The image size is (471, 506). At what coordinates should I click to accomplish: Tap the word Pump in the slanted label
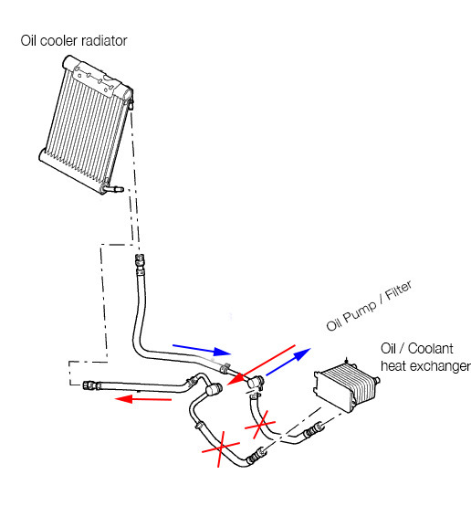tap(359, 312)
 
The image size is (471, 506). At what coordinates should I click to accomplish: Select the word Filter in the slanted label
tap(399, 290)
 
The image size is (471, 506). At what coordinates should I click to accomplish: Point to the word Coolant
tap(430, 349)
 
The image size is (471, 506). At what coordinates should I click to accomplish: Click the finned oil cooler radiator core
tap(86, 121)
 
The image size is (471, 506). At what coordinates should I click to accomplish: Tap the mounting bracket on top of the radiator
tap(92, 79)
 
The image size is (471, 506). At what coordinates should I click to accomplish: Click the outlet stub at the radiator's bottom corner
tap(113, 189)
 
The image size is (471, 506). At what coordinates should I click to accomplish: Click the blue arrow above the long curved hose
tap(202, 350)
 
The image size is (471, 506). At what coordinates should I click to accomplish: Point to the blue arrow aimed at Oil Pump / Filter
tap(288, 362)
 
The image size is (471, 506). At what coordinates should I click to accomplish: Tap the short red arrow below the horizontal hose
tap(143, 399)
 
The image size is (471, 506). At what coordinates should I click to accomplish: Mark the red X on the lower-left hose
tap(221, 448)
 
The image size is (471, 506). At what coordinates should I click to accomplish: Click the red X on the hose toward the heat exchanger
tap(260, 425)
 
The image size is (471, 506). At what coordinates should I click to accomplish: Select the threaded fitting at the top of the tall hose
tap(140, 260)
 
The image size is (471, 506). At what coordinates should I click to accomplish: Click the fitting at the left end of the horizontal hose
tap(90, 385)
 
